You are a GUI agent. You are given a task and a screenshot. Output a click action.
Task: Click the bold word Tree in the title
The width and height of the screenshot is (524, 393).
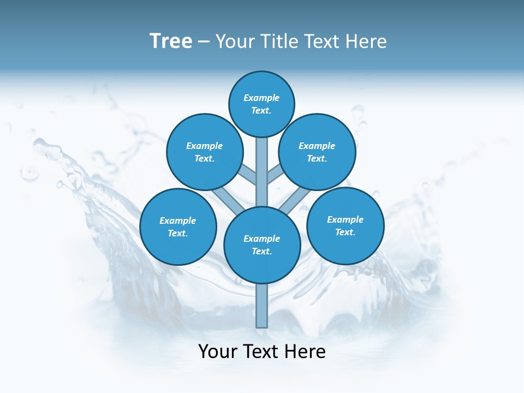click(x=171, y=41)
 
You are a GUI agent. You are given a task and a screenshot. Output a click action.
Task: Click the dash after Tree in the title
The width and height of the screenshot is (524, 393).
click(x=204, y=42)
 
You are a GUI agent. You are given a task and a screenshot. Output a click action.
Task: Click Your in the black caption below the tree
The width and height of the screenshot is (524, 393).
click(x=218, y=351)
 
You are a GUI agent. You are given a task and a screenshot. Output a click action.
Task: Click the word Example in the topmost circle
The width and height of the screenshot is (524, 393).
click(x=261, y=98)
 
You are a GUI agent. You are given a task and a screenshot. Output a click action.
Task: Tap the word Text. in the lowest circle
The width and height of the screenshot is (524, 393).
click(x=261, y=252)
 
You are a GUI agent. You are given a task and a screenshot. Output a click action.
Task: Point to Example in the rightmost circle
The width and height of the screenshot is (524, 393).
click(x=345, y=219)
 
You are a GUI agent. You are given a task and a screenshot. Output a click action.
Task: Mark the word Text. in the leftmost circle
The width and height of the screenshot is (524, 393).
click(x=178, y=234)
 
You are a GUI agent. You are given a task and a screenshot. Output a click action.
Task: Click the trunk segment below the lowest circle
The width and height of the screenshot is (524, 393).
click(x=262, y=306)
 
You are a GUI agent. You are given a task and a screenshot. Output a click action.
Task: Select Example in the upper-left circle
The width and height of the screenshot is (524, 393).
click(x=204, y=146)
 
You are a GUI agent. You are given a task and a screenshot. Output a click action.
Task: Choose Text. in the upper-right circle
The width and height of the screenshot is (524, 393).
click(x=317, y=159)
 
